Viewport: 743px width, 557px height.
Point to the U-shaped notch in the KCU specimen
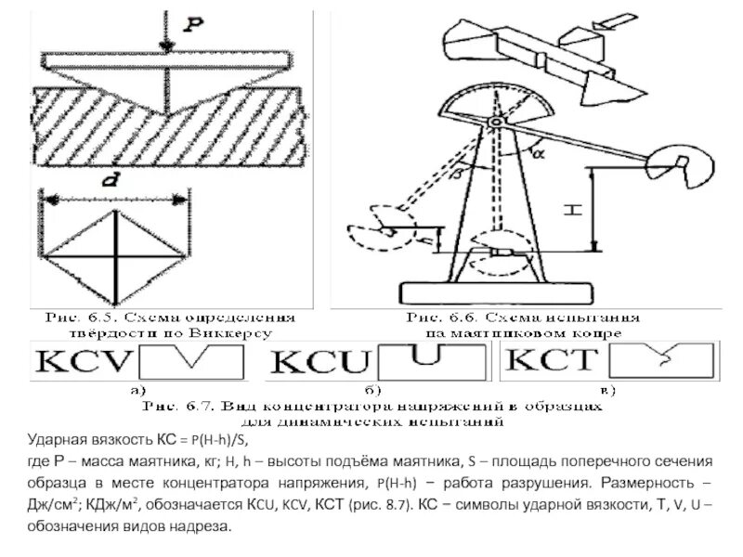(425, 354)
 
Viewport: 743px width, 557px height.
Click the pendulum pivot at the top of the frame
(496, 122)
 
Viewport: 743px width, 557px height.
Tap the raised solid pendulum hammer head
(686, 162)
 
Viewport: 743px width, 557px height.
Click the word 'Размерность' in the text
(646, 484)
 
